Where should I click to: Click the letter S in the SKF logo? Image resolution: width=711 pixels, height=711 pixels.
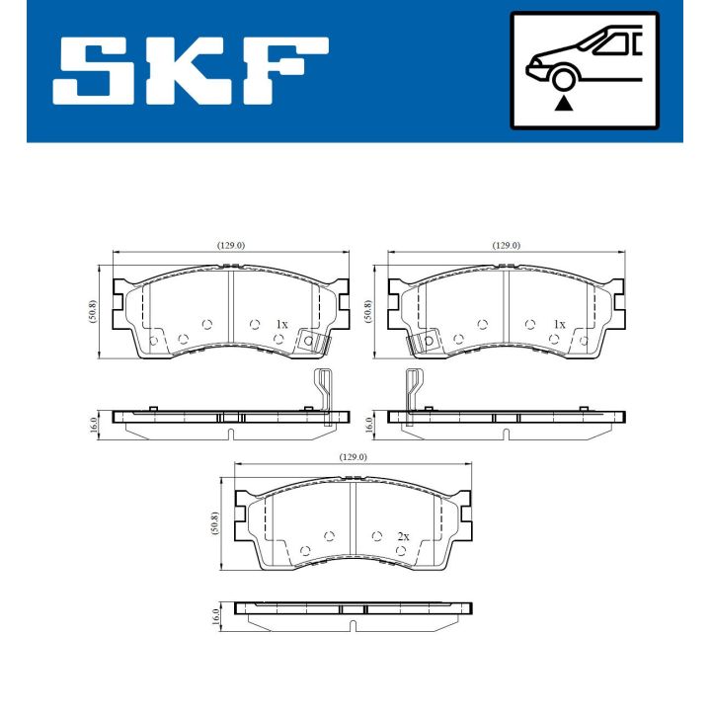click(100, 70)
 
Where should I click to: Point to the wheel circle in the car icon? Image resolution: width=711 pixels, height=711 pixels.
click(564, 78)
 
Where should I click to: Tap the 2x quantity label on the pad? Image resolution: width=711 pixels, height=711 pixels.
click(402, 536)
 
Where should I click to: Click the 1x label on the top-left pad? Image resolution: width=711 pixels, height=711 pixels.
click(281, 324)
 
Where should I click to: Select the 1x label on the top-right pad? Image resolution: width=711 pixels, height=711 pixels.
click(559, 324)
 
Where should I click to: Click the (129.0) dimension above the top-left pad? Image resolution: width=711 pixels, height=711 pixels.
click(230, 245)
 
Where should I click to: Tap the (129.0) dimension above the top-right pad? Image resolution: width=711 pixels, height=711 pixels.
click(507, 245)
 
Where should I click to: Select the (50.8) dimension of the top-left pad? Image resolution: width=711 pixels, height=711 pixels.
click(92, 312)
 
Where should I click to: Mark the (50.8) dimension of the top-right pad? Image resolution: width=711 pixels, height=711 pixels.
click(368, 312)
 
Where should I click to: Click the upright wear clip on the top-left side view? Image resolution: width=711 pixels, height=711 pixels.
click(322, 395)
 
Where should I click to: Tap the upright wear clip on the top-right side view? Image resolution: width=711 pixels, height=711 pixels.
click(412, 395)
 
